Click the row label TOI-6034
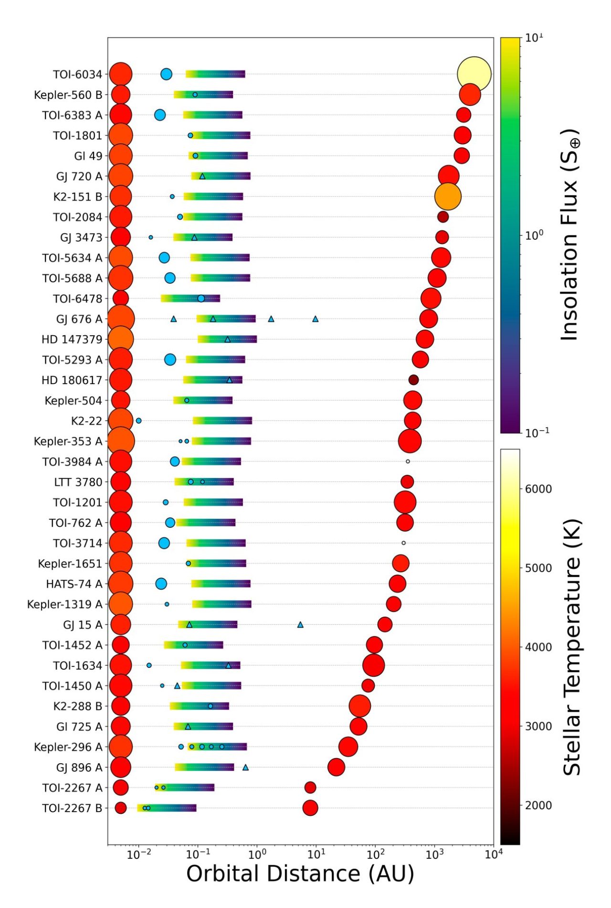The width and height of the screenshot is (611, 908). (77, 75)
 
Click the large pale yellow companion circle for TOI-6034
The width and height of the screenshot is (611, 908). (474, 74)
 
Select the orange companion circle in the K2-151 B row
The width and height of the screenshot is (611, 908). (448, 196)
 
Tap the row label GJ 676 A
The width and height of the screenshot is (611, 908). (79, 319)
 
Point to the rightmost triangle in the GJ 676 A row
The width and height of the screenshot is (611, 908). (315, 319)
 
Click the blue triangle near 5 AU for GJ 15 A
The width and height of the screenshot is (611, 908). (300, 625)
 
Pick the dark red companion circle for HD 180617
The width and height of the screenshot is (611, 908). (413, 380)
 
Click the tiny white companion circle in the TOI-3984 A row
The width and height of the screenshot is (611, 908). (408, 461)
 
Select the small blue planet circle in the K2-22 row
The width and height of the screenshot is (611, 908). (138, 421)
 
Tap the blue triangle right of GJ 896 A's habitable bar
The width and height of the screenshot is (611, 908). (245, 768)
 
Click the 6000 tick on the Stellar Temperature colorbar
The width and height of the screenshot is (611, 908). (538, 489)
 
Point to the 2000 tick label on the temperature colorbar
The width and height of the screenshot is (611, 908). (538, 805)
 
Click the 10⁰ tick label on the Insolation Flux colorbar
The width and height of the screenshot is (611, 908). (534, 235)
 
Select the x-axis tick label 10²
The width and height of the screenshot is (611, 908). (375, 855)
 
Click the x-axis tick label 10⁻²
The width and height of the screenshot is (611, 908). (138, 855)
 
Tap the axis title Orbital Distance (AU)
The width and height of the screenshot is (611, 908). (300, 874)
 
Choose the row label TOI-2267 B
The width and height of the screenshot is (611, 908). (72, 808)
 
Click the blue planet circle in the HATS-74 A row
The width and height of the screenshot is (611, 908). (161, 584)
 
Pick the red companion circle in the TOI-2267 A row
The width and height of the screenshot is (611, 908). (310, 788)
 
